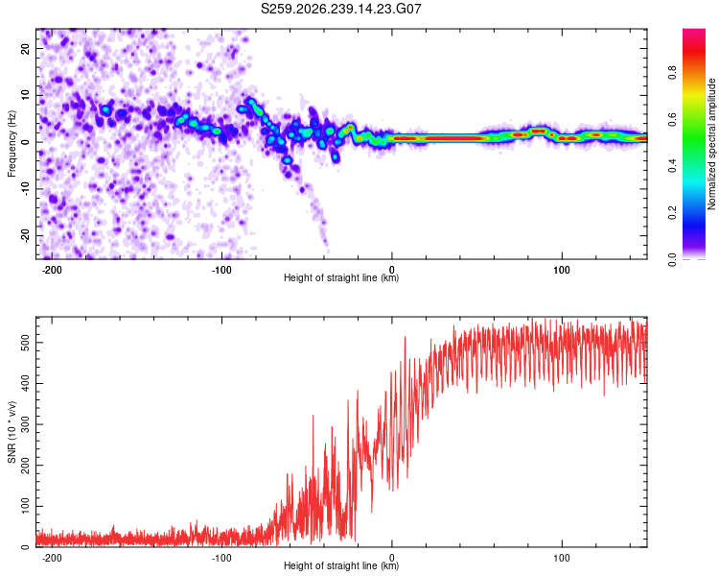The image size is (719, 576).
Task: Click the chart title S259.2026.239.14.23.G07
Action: point(340,9)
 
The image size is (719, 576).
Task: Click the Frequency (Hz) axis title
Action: point(12,144)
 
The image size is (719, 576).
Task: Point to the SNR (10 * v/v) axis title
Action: point(12,432)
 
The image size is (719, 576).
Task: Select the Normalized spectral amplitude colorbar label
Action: point(711,144)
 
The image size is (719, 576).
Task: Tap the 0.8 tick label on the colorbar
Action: point(672,72)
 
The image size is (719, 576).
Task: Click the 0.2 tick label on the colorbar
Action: point(672,213)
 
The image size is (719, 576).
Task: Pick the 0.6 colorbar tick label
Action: point(672,119)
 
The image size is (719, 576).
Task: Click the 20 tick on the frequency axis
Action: point(26,49)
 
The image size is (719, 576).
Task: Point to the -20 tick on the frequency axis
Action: point(26,236)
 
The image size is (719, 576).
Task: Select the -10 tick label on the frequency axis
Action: point(26,189)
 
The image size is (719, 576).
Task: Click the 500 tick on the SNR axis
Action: point(26,343)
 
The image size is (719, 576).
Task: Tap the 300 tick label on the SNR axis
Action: point(26,424)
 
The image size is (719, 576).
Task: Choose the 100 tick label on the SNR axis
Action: point(26,506)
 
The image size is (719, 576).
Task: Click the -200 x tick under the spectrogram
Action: point(52,270)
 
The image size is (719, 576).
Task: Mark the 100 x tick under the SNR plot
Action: point(562,558)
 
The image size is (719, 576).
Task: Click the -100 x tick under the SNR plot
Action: point(221,558)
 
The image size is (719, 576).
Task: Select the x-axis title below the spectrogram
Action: point(341,277)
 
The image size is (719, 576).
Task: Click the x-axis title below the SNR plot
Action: point(341,565)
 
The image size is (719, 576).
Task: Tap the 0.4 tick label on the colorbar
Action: point(672,166)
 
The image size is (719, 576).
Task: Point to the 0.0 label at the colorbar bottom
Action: point(672,259)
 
